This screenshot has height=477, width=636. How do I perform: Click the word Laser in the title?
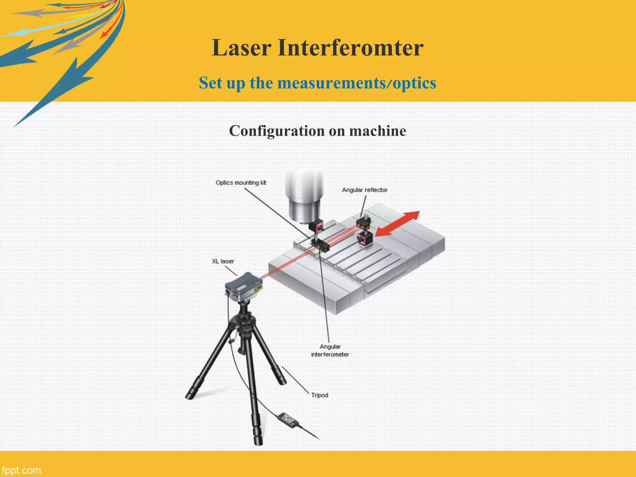[x=241, y=48]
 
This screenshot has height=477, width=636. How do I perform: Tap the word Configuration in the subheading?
[x=277, y=131]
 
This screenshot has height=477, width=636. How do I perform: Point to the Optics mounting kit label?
[x=241, y=183]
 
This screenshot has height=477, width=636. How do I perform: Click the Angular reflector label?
[x=365, y=190]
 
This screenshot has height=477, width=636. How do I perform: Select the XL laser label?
[x=223, y=261]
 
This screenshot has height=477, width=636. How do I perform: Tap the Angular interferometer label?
[x=330, y=350]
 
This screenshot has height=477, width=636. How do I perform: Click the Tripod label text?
[x=320, y=395]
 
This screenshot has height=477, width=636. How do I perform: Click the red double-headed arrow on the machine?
[x=397, y=224]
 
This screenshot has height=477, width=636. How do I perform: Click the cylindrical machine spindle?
[x=304, y=199]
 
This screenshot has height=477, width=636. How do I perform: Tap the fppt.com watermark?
[x=21, y=470]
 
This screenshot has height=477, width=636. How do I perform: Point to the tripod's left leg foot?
[x=189, y=396]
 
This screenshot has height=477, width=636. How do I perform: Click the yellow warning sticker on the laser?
[x=257, y=288]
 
